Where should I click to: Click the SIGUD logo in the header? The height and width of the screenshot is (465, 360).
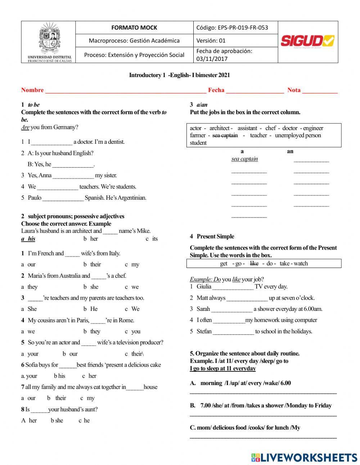point(307,41)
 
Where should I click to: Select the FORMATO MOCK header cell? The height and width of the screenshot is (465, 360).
point(134,28)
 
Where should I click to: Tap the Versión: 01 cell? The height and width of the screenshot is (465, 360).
point(211,41)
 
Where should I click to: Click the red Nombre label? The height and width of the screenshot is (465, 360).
point(32,90)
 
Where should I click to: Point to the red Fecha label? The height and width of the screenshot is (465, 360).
point(216,90)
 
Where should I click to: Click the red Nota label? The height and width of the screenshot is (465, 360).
point(294,90)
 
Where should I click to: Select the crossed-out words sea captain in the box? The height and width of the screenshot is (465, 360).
point(225,135)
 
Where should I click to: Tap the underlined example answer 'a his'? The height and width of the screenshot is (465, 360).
point(28,239)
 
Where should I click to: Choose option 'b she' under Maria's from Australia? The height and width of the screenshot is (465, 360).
point(91,287)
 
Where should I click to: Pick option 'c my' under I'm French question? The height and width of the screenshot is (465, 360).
point(132,264)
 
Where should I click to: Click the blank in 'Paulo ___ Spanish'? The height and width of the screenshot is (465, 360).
point(63,198)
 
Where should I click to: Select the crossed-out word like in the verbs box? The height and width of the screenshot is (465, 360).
point(254,264)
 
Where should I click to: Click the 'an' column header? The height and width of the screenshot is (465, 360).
point(290,151)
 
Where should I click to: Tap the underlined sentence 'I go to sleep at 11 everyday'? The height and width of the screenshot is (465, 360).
point(223,368)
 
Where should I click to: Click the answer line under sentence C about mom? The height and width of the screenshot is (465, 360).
point(263,437)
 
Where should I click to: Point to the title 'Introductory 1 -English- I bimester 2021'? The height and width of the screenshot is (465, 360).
point(179,75)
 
